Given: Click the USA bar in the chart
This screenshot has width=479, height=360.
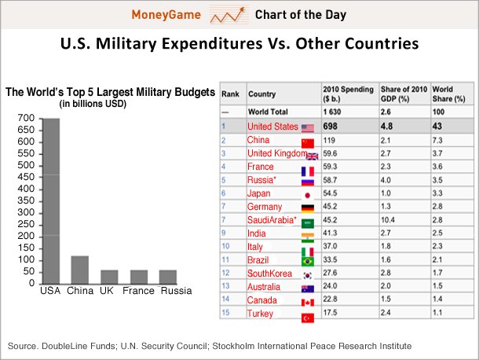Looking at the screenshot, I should click(50, 200).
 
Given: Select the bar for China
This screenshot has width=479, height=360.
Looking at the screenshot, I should click(80, 269).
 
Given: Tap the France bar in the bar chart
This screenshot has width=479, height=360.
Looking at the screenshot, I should click(138, 276).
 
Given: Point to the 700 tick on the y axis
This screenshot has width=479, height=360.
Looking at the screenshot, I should click(26, 118).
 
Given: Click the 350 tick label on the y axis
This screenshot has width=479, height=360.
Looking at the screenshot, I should click(26, 200).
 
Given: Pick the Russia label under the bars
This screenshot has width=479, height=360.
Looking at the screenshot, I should click(176, 291).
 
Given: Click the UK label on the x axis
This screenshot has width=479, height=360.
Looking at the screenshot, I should click(108, 291).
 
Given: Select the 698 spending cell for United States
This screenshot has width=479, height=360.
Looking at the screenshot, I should click(331, 127).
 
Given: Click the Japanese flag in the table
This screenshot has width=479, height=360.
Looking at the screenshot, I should click(307, 194).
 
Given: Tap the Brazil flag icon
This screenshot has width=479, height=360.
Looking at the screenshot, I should click(307, 261).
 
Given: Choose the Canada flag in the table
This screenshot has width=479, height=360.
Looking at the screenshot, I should click(307, 302).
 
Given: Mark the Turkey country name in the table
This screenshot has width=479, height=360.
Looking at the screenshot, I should click(261, 314).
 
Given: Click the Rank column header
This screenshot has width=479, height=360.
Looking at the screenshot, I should click(231, 94).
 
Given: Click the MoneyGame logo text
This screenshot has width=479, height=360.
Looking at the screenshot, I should click(166, 15).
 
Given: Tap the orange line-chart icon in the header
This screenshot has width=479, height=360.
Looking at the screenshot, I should click(229, 15).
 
